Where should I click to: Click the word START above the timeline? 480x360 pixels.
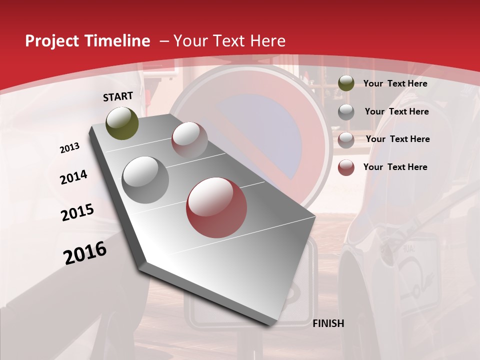[x=118, y=96]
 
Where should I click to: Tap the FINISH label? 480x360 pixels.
[x=328, y=323]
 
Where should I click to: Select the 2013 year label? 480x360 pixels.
[x=69, y=148]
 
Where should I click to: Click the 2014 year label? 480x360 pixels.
[x=73, y=177]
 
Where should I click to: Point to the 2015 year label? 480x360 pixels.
[x=77, y=212]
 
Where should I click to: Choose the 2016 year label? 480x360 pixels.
[x=85, y=253]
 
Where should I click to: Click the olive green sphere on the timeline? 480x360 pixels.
[x=122, y=123]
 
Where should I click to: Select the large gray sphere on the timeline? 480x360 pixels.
[x=145, y=180]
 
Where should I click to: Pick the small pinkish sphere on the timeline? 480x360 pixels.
[x=189, y=140]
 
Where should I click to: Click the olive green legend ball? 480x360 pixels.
[x=346, y=83]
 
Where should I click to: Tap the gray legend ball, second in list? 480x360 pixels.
[x=346, y=112]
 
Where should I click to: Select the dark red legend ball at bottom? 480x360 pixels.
[x=346, y=167]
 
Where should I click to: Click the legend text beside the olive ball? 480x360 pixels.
[x=395, y=83]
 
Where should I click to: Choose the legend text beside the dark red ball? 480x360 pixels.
[x=395, y=167]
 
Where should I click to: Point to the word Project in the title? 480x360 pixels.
[x=51, y=41]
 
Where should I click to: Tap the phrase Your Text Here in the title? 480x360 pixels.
[x=229, y=41]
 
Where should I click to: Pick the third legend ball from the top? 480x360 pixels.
[x=346, y=140]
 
